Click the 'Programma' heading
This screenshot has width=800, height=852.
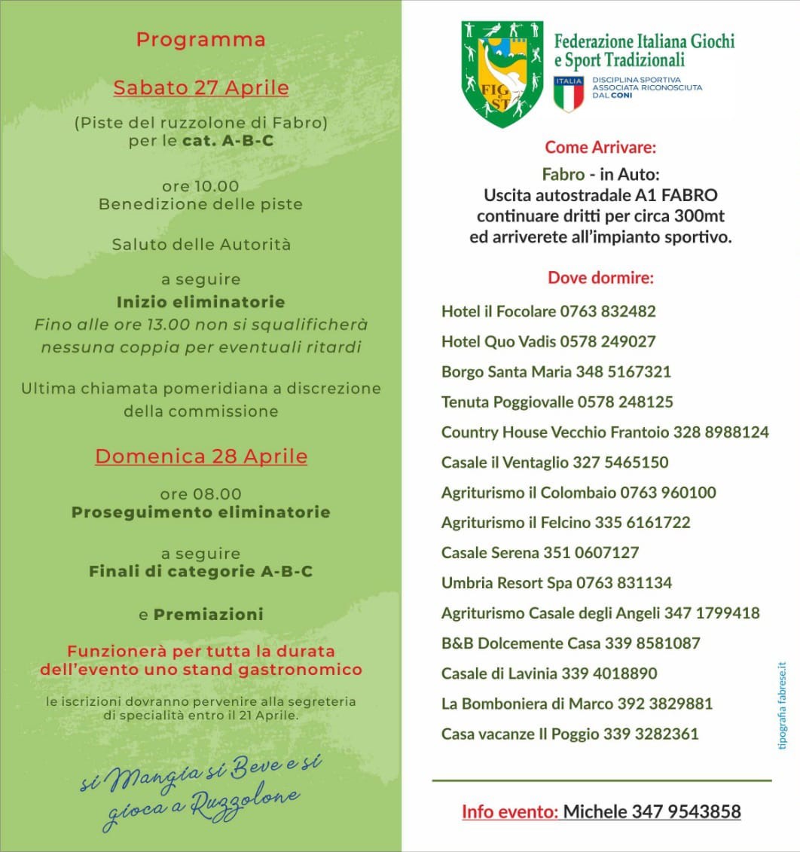[201, 40]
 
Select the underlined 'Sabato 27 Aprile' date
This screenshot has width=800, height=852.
[201, 87]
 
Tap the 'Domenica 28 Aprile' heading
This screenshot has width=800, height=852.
[201, 457]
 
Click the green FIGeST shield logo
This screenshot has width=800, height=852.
[501, 74]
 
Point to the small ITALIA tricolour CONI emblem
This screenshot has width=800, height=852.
[569, 93]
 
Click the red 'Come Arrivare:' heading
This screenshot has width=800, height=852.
[600, 146]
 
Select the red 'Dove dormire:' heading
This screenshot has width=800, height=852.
[600, 277]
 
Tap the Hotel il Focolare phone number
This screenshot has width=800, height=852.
[607, 311]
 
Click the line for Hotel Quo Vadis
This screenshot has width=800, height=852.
[548, 341]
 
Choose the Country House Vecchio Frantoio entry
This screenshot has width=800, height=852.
[605, 432]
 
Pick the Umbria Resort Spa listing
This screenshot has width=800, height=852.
[557, 583]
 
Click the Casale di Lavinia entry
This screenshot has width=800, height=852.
[549, 673]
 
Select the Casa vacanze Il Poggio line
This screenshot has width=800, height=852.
[569, 734]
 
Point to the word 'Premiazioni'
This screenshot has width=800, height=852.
[209, 615]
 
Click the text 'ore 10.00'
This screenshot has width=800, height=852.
[201, 186]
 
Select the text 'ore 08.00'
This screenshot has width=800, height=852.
[201, 494]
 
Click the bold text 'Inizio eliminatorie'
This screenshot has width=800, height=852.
[201, 302]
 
